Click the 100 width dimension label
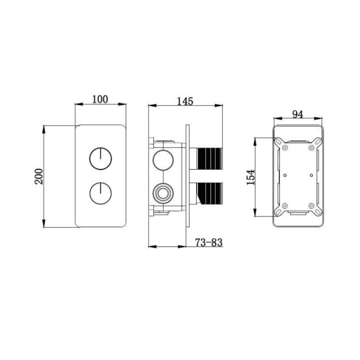tap(100, 99)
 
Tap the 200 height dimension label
tap(39, 176)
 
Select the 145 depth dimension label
tap(185, 101)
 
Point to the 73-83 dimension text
tap(209, 242)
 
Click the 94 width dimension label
tap(298, 114)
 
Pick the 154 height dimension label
tap(251, 177)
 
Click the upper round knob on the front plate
tap(100, 159)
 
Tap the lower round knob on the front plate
tap(100, 193)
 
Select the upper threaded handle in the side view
tap(206, 159)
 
